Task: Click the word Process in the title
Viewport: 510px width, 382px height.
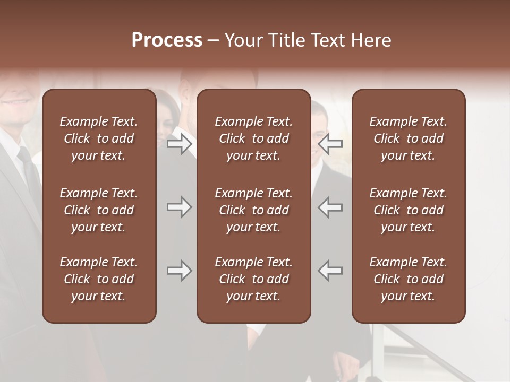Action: click(x=167, y=40)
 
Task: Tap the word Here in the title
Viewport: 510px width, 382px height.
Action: click(x=370, y=40)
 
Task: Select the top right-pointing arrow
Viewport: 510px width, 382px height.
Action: click(x=179, y=144)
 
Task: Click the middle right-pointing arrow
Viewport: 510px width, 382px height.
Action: click(x=179, y=207)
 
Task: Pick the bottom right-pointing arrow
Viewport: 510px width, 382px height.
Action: click(x=179, y=271)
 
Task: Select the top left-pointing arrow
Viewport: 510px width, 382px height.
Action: click(x=330, y=144)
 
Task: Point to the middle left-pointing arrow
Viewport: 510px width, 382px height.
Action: click(x=330, y=207)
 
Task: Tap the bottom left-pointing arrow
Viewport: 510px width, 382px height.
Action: click(x=330, y=271)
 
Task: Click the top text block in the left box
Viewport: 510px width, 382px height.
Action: click(x=99, y=138)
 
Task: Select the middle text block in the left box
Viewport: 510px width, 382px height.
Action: click(x=99, y=210)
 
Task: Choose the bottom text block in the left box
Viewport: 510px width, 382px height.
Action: click(x=99, y=279)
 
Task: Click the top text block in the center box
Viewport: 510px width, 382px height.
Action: click(x=254, y=138)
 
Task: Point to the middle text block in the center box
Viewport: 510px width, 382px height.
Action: click(x=254, y=210)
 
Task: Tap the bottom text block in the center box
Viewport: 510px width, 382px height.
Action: click(x=254, y=279)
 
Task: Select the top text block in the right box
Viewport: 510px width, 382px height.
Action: click(x=409, y=138)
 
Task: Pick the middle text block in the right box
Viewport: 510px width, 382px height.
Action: click(x=409, y=210)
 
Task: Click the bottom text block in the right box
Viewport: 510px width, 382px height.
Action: click(x=409, y=279)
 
